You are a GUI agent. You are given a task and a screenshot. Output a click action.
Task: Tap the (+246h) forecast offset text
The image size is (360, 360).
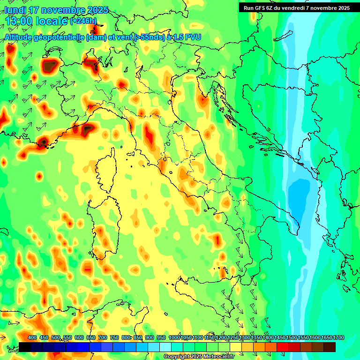tap(83, 21)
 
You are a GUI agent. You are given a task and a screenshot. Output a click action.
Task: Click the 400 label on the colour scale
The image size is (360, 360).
tap(32, 338)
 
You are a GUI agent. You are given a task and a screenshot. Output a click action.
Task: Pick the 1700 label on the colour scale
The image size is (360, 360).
tap(338, 338)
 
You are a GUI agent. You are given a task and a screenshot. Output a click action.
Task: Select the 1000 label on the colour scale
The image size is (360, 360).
tap(174, 338)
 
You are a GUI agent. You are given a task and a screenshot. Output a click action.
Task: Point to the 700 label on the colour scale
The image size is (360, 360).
tap(103, 338)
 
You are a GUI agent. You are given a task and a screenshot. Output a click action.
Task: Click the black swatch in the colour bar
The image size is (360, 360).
tap(25, 347)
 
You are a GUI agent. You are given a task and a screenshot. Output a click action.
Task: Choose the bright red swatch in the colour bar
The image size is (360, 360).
tap(283, 347)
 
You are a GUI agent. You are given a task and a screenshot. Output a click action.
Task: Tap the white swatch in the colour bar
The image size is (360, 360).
tap(165, 347)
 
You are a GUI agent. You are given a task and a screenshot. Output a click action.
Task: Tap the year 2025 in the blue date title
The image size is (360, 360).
tap(97, 10)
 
